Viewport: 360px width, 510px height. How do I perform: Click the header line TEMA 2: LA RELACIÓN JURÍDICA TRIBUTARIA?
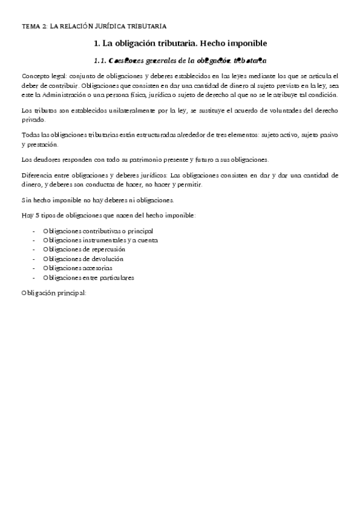[x=94, y=26]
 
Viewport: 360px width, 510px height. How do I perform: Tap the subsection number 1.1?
[x=100, y=61]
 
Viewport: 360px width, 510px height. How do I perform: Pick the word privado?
[x=32, y=120]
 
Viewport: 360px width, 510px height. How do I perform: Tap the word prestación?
[x=42, y=145]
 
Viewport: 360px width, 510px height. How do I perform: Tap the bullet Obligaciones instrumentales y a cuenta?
[x=100, y=240]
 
